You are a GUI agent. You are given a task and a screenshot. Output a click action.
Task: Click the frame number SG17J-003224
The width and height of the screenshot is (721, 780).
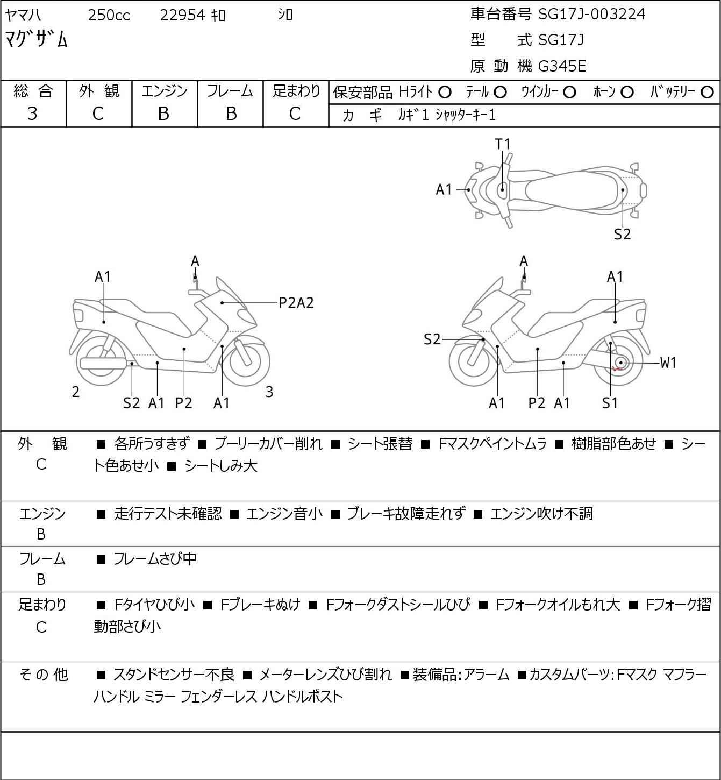tap(591, 15)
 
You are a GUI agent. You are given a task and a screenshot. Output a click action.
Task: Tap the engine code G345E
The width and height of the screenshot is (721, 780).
tap(561, 66)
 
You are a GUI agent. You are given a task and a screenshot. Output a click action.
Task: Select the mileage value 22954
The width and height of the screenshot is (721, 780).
tap(182, 15)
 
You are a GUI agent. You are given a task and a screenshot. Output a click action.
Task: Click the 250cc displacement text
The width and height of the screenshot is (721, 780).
tap(109, 15)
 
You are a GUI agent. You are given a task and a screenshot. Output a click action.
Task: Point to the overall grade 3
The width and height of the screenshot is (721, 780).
tap(32, 114)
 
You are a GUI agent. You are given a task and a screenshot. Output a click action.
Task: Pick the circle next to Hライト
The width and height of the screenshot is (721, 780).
tap(445, 93)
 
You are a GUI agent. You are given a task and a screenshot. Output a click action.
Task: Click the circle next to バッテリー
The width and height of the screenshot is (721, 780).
tap(707, 93)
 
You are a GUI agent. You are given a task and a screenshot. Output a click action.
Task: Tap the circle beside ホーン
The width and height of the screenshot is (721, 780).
tap(627, 93)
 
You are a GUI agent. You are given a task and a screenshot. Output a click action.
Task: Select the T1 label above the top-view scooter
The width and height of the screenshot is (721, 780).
tap(503, 144)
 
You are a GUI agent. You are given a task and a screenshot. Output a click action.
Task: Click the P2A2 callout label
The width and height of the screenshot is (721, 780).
tap(296, 303)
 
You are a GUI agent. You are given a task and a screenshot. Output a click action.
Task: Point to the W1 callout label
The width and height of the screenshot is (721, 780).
tap(668, 363)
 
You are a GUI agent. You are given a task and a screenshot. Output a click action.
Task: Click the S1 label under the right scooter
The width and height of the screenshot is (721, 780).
tap(610, 403)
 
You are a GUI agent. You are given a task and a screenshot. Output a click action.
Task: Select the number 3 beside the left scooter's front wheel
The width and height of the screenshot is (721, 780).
tap(269, 392)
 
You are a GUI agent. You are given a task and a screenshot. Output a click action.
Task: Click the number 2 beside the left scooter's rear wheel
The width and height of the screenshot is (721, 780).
tap(76, 392)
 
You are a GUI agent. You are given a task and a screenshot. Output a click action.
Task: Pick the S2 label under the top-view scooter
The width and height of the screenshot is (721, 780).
tap(623, 234)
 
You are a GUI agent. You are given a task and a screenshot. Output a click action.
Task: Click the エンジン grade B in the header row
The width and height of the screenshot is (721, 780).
tap(163, 114)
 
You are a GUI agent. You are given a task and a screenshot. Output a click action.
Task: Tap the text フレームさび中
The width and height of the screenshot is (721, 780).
tap(155, 558)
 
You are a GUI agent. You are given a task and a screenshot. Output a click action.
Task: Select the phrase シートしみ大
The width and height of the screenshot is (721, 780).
tap(221, 466)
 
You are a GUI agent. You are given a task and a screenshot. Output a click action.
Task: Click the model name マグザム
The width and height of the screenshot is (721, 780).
tap(36, 39)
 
